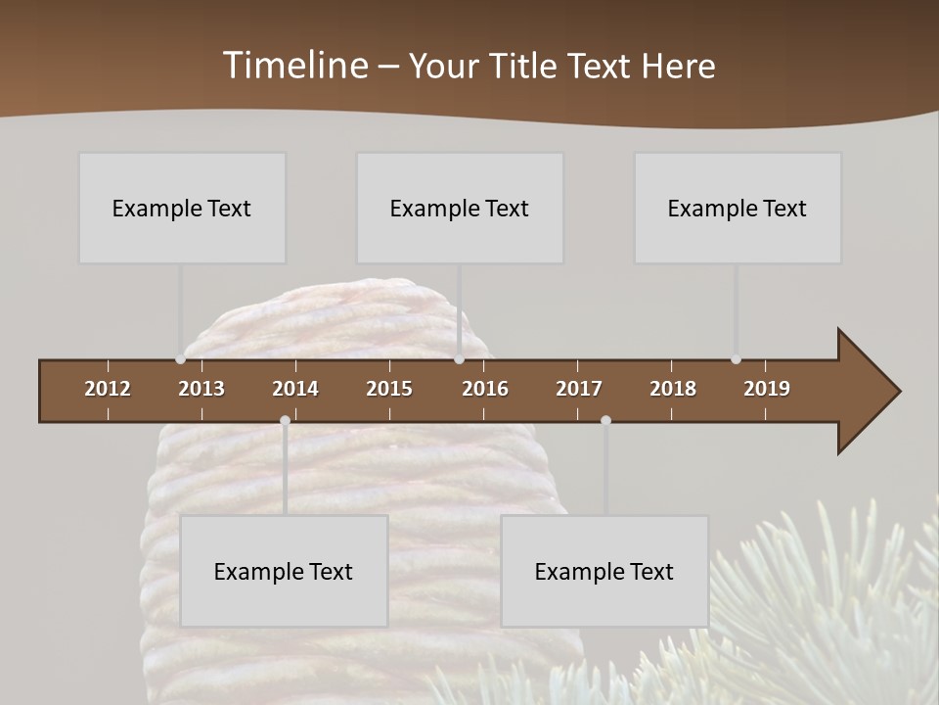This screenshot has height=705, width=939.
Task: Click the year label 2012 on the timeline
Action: (108, 389)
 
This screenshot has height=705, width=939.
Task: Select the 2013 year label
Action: (201, 389)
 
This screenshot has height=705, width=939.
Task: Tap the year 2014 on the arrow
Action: (295, 389)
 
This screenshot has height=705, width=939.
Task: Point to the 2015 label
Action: (389, 389)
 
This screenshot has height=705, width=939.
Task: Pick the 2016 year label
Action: (485, 389)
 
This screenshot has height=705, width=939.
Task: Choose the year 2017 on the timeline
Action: (579, 389)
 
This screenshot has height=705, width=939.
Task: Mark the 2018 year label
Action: (673, 389)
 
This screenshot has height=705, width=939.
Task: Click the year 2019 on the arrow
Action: (767, 389)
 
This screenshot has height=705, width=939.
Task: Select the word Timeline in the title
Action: (295, 66)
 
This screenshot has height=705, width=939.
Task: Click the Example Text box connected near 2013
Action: (182, 208)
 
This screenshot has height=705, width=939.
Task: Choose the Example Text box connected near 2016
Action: (460, 208)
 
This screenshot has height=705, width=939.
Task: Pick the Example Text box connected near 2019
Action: (738, 208)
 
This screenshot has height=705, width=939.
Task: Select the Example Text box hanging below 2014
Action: (284, 571)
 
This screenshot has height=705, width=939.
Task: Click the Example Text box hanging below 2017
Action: (604, 571)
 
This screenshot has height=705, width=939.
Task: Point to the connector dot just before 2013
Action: (180, 359)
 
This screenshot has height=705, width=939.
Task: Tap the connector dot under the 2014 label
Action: (285, 420)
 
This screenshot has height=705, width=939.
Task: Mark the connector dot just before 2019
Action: (736, 359)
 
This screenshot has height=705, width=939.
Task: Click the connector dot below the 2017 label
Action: (605, 420)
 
